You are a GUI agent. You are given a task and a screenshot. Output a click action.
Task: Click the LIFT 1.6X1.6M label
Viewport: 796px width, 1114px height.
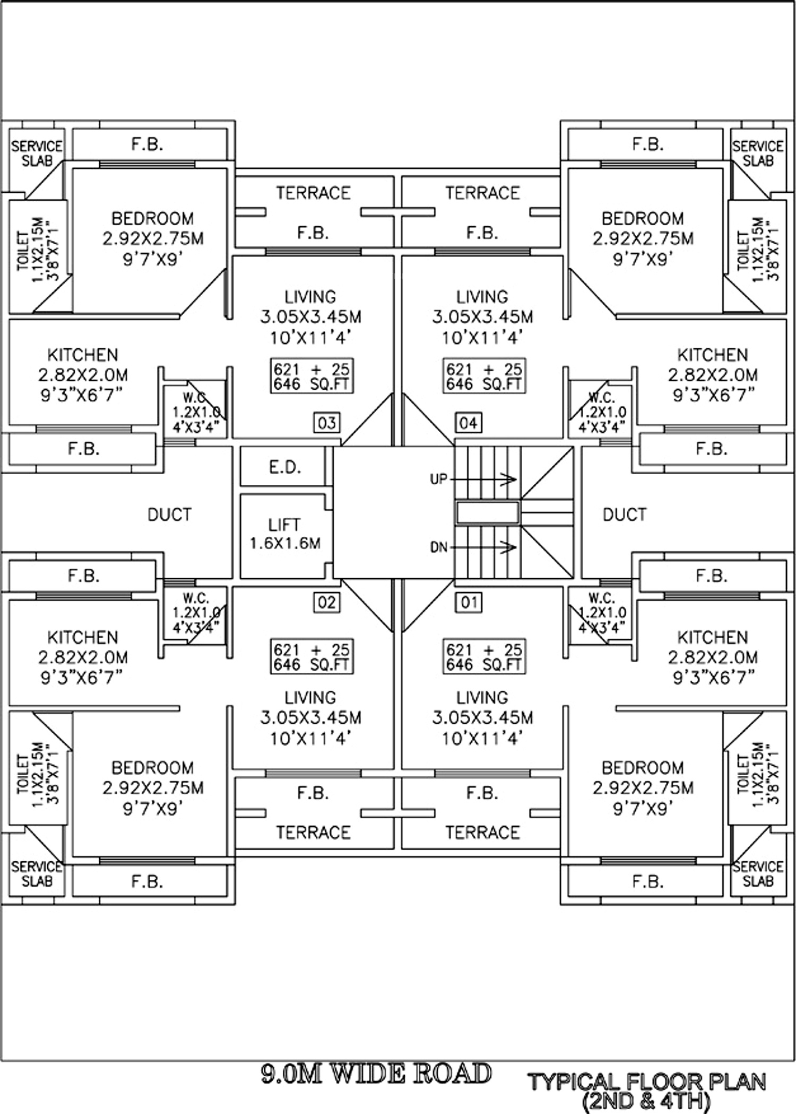pyautogui.click(x=285, y=534)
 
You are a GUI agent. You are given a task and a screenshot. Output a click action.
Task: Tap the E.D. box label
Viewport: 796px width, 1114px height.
pyautogui.click(x=285, y=467)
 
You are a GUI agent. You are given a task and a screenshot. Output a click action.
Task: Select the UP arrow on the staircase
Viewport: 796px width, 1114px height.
pyautogui.click(x=483, y=479)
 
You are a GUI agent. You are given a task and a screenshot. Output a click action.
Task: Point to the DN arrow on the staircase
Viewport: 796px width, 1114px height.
pyautogui.click(x=483, y=547)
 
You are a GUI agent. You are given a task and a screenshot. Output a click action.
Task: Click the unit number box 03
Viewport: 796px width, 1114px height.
pyautogui.click(x=326, y=423)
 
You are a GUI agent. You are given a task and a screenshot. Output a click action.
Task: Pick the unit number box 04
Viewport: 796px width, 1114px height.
pyautogui.click(x=468, y=423)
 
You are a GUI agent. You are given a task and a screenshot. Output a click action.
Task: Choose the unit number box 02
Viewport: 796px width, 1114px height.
pyautogui.click(x=326, y=602)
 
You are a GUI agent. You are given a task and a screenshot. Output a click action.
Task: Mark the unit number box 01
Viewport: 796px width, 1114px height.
pyautogui.click(x=469, y=602)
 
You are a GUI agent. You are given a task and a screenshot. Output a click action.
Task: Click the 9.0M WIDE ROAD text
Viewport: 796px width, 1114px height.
pyautogui.click(x=376, y=1074)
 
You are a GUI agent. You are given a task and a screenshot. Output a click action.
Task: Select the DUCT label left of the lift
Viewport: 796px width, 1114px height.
pyautogui.click(x=169, y=515)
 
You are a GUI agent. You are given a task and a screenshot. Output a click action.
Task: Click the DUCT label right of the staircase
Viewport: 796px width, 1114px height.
pyautogui.click(x=625, y=515)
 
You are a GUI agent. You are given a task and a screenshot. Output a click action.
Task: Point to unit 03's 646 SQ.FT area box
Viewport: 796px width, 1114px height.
pyautogui.click(x=312, y=376)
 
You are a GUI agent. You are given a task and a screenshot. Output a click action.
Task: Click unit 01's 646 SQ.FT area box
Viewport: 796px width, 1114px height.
pyautogui.click(x=484, y=657)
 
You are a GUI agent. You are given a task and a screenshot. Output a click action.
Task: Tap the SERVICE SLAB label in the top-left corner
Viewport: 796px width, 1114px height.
pyautogui.click(x=37, y=153)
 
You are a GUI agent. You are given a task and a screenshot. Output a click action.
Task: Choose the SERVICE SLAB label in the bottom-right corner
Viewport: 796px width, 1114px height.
pyautogui.click(x=758, y=873)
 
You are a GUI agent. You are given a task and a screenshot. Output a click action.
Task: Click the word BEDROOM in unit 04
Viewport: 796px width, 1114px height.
pyautogui.click(x=643, y=218)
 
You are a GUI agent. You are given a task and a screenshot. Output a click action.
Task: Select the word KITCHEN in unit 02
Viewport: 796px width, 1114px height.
pyautogui.click(x=83, y=637)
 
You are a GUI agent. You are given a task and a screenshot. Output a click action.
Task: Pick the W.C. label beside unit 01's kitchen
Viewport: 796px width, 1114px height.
pyautogui.click(x=602, y=598)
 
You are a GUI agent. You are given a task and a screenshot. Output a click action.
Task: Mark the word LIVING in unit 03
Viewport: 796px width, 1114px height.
pyautogui.click(x=310, y=296)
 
